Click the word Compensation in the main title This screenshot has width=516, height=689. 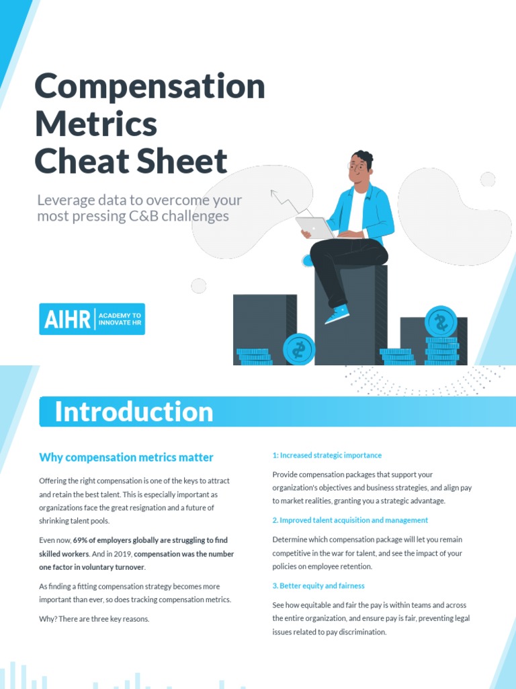pos(149,87)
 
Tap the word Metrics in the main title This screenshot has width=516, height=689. pos(95,124)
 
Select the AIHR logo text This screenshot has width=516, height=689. pos(67,319)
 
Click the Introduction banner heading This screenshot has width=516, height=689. pos(134,412)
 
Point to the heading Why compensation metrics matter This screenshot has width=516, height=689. pos(126,458)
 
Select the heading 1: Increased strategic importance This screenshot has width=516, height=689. pos(327,456)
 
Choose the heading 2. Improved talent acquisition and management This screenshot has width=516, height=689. pos(349,520)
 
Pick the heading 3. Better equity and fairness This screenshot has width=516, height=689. pos(318,586)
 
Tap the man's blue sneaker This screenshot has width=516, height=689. pos(337,314)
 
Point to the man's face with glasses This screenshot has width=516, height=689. pos(359,167)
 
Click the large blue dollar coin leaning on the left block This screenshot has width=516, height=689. pos(298,349)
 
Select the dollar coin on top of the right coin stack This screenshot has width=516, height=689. pos(441,322)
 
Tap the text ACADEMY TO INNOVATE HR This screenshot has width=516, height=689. pos(120,319)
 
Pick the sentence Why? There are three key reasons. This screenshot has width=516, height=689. pos(94,618)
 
